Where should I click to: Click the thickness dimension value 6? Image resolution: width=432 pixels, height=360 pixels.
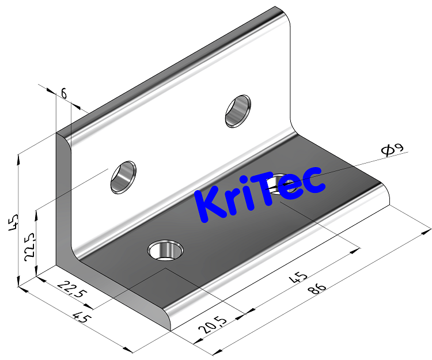tap(63, 93)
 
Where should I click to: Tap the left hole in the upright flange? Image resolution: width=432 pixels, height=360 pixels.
tap(123, 176)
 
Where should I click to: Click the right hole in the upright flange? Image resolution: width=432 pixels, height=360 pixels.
tap(237, 109)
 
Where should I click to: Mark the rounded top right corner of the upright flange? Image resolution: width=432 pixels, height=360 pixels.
tap(285, 14)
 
